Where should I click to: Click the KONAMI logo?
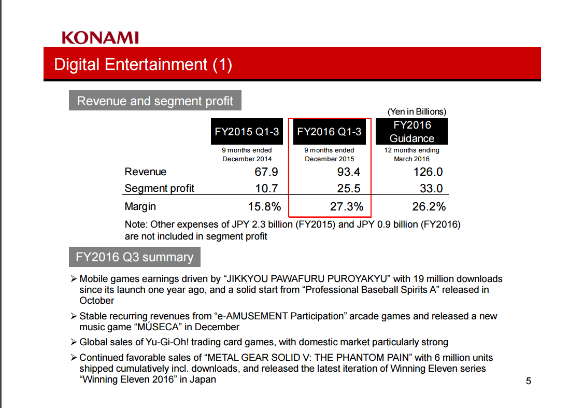pyautogui.click(x=100, y=38)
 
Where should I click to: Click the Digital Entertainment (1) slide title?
pyautogui.click(x=143, y=65)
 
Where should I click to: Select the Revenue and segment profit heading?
pyautogui.click(x=155, y=101)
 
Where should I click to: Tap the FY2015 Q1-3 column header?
pyautogui.click(x=247, y=132)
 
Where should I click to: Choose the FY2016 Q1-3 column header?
pyautogui.click(x=330, y=132)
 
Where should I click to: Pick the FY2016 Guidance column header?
pyautogui.click(x=411, y=132)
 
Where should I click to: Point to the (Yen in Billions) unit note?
pyautogui.click(x=417, y=111)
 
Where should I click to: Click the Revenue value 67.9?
pyautogui.click(x=266, y=172)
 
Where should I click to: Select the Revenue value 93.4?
pyautogui.click(x=349, y=172)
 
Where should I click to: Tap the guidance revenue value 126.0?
pyautogui.click(x=428, y=172)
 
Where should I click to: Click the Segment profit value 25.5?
pyautogui.click(x=349, y=188)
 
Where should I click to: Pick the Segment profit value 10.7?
pyautogui.click(x=266, y=188)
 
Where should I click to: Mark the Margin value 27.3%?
pyautogui.click(x=347, y=206)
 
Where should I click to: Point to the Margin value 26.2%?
pyautogui.click(x=429, y=206)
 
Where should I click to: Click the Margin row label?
pyautogui.click(x=140, y=206)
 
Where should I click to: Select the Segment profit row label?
pyautogui.click(x=160, y=188)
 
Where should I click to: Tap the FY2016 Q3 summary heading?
pyautogui.click(x=134, y=257)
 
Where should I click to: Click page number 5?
pyautogui.click(x=529, y=382)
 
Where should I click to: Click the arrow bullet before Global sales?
pyautogui.click(x=74, y=342)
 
